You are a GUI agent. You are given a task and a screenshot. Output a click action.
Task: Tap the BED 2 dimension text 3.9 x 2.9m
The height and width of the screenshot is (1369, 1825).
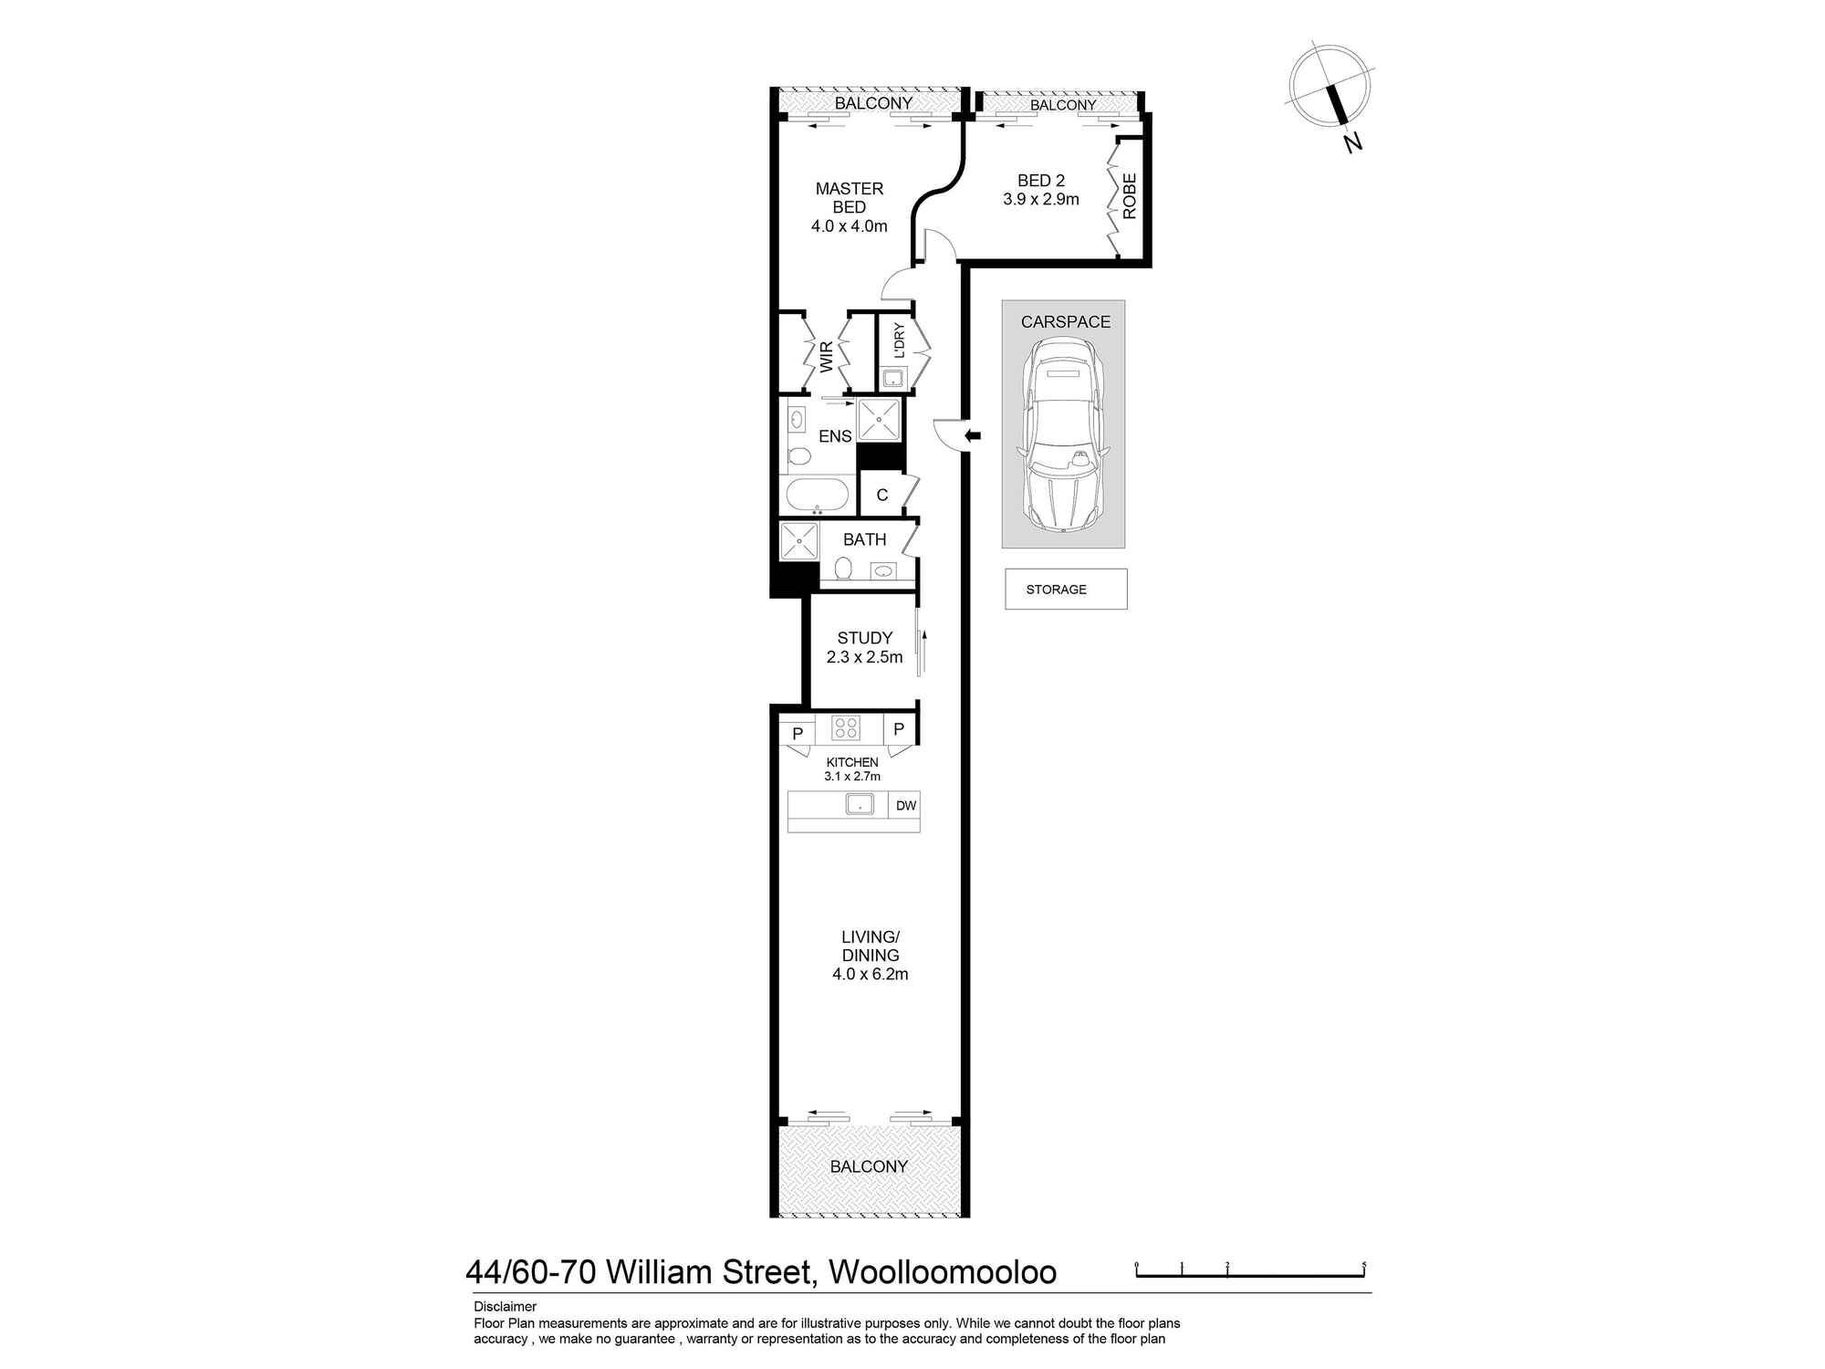[1040, 200]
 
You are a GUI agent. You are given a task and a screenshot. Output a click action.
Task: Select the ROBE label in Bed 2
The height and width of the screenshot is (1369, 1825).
[1130, 196]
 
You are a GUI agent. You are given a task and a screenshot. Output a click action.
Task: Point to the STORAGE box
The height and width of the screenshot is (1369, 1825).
[1065, 590]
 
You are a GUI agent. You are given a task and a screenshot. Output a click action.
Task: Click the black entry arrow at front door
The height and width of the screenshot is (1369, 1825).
[973, 436]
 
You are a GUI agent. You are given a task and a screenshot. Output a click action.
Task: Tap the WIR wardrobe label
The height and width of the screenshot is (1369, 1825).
[827, 357]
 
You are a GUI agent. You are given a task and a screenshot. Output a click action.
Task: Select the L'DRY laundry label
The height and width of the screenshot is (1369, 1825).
[899, 340]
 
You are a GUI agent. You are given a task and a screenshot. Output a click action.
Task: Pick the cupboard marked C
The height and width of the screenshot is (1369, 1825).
[881, 496]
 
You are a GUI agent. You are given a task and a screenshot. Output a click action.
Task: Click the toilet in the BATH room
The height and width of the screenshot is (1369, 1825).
[843, 570]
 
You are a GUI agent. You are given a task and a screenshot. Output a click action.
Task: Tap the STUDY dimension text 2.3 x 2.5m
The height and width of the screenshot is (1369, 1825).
[864, 658]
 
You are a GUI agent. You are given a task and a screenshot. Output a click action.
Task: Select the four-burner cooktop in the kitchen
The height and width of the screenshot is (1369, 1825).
[846, 728]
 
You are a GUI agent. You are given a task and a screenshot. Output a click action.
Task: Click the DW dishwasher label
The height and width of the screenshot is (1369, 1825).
[905, 806]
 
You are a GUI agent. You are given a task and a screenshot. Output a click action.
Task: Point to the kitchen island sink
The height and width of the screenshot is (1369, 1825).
[860, 804]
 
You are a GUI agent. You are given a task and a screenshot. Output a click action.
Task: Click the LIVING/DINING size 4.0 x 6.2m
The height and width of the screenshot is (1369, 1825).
[870, 975]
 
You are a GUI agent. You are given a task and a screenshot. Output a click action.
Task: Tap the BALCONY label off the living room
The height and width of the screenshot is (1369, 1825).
[869, 1167]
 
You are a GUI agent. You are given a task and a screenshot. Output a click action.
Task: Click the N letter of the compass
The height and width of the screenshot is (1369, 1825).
[1353, 143]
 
